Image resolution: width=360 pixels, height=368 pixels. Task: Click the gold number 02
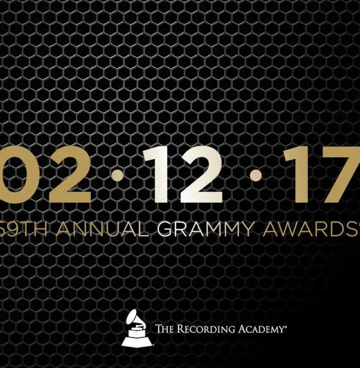coord(46,174)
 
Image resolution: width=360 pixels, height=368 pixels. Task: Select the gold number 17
coord(322,174)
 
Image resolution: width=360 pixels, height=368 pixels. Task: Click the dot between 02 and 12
coord(117,175)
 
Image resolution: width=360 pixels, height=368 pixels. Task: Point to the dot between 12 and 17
coord(256,175)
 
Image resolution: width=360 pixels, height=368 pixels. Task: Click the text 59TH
coord(23,228)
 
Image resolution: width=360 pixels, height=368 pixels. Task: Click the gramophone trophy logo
coord(137,328)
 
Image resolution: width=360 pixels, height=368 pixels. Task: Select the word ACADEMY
coord(261,329)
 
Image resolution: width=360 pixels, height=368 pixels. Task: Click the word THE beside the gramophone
coord(165,329)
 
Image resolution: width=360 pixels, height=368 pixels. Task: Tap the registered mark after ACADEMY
coord(285,326)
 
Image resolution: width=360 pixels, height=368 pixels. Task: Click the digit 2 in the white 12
coord(201,174)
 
